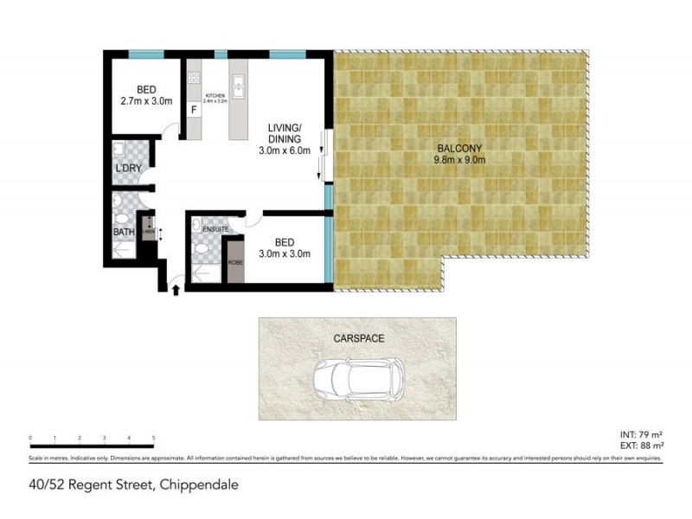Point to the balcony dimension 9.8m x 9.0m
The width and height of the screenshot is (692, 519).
point(459,159)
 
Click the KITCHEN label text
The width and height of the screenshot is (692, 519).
point(215,95)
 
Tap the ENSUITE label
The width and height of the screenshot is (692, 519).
point(216,228)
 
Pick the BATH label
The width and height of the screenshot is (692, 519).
point(124,232)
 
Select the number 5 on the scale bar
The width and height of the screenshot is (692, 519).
point(154,439)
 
